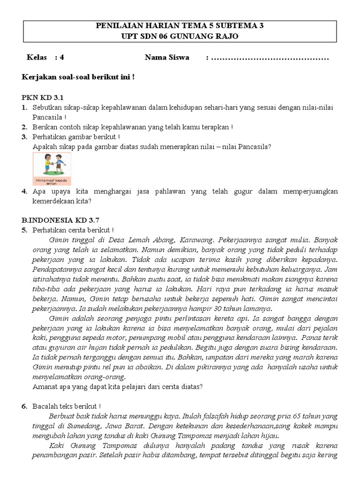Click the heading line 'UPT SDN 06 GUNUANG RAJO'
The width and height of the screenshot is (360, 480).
coord(180,36)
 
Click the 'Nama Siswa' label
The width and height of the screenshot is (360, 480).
coord(167,58)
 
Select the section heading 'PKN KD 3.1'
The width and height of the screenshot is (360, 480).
coord(42,97)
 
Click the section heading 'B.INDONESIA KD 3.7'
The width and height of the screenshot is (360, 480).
coord(60,219)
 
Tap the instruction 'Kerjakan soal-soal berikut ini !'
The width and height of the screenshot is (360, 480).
coord(78,77)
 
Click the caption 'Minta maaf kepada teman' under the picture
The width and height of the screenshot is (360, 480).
coord(52,181)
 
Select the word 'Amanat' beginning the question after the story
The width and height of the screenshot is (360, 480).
coord(45,387)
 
